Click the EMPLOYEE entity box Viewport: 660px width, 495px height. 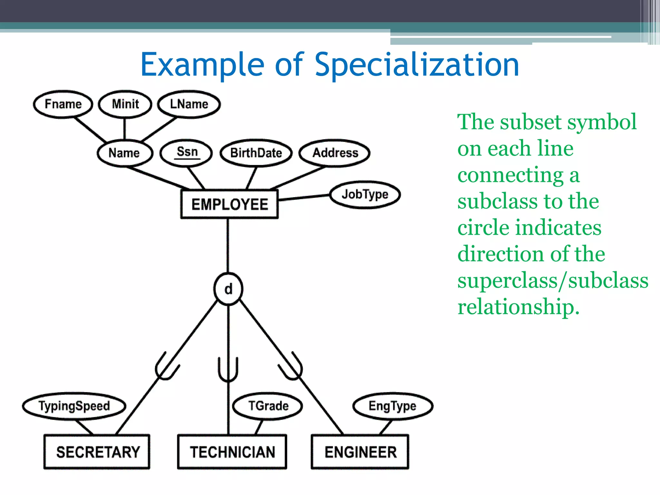(x=229, y=204)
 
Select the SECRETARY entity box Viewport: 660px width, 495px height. (x=97, y=451)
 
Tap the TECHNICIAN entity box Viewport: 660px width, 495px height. (x=232, y=451)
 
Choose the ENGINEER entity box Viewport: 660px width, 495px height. (x=360, y=451)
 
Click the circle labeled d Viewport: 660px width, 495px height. (x=228, y=289)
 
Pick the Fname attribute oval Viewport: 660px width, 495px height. (x=63, y=104)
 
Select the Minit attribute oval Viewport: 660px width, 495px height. (x=125, y=104)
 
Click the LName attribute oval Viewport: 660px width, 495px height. (x=189, y=104)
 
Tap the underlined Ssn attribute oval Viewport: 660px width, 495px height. (x=187, y=152)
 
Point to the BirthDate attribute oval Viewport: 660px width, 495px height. (x=256, y=153)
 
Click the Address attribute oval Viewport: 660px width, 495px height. (x=335, y=153)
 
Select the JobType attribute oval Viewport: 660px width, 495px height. (x=365, y=194)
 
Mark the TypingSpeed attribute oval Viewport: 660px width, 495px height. (x=74, y=406)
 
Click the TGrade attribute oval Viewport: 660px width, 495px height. (x=268, y=406)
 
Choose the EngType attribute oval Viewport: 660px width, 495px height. (x=393, y=406)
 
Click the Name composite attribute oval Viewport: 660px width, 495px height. (x=124, y=153)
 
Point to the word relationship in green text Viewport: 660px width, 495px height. (x=518, y=306)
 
